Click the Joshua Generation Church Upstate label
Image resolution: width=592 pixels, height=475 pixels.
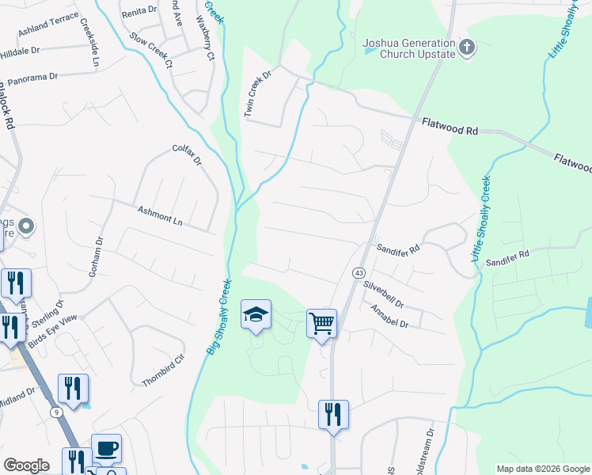409,48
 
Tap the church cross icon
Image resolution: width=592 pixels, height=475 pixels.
467,48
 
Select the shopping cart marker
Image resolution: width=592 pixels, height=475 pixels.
321,323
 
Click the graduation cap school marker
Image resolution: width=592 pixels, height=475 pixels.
256,315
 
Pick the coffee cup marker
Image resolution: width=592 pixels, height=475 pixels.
106,449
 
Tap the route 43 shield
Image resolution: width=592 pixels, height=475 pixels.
359,272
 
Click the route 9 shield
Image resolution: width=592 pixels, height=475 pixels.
55,412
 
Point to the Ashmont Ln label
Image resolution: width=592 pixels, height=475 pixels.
161,216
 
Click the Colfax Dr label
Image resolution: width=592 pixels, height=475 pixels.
188,154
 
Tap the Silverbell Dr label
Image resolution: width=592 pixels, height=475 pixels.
384,294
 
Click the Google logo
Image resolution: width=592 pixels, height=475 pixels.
27,465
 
